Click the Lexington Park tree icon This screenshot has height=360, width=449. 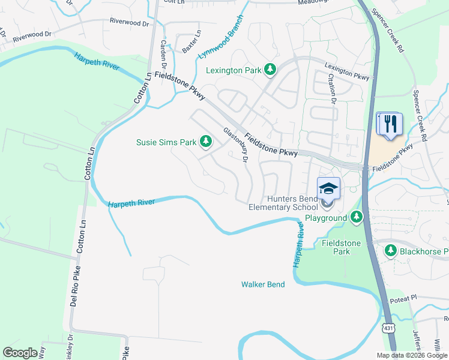tap(270, 70)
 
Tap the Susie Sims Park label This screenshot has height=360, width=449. tap(166, 142)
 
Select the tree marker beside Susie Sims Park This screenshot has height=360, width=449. tap(206, 142)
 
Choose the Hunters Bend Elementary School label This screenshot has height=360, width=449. tap(283, 203)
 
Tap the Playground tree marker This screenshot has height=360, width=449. tap(357, 217)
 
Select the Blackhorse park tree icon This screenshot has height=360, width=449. tap(390, 250)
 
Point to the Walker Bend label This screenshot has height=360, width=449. tap(263, 284)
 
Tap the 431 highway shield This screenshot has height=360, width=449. tap(388, 328)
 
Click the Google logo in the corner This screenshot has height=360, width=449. tap(20, 353)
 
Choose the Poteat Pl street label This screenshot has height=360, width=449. tap(402, 298)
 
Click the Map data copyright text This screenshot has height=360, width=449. tap(412, 355)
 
